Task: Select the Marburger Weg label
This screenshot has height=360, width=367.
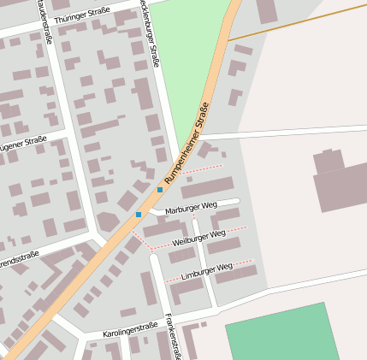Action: pos(192,206)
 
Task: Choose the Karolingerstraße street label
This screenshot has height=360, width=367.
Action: pos(131,328)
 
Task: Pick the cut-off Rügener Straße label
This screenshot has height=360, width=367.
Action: pos(23,143)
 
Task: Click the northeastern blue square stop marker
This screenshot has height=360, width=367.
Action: pos(160,189)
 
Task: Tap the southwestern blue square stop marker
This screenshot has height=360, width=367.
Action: pos(139,214)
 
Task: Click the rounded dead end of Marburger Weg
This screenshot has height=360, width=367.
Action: pos(236,202)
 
